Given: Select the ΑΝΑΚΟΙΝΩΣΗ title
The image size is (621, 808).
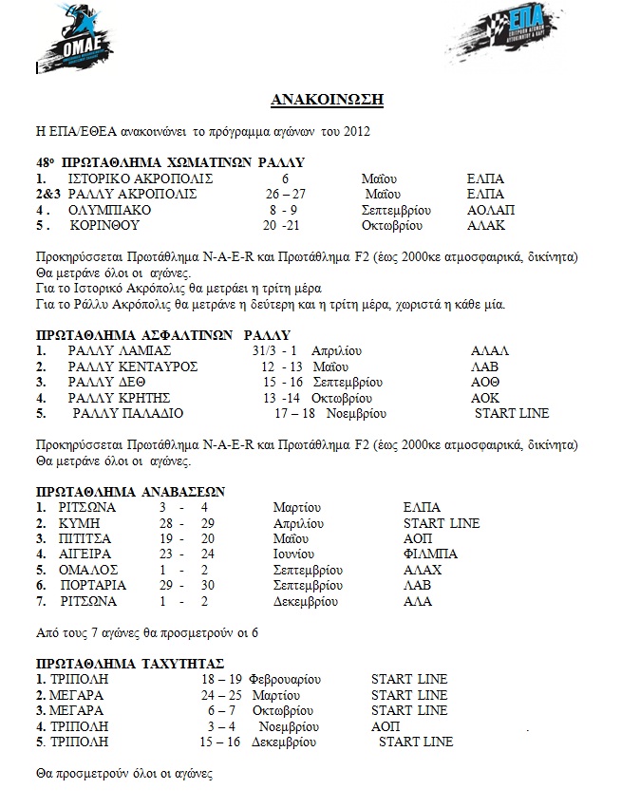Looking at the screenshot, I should coord(310,100).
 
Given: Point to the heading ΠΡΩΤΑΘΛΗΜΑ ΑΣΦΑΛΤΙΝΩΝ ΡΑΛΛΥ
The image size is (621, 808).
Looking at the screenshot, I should coord(162,334).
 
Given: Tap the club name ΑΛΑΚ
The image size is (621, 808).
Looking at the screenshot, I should coord(486,226).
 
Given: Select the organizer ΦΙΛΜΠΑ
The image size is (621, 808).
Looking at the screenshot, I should coord(430,554).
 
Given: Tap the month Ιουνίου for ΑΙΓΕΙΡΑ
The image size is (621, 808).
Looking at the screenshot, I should coord(301,554).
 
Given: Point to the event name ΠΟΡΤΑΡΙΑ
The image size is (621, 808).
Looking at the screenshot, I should coord(93,585).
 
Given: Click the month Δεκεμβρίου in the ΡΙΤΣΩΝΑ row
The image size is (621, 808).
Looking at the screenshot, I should coord(305,601).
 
